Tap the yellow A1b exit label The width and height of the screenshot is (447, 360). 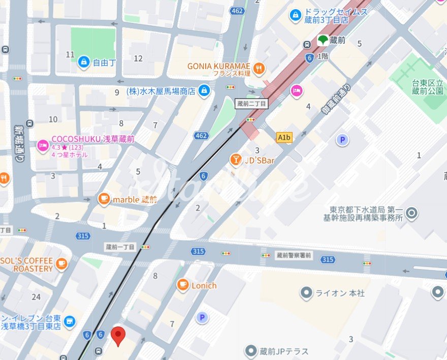click(x=284, y=137)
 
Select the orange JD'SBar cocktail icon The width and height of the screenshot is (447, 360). click(x=236, y=160)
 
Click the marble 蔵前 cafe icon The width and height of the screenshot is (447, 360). click(x=104, y=199)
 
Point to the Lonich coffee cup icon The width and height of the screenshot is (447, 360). click(x=183, y=285)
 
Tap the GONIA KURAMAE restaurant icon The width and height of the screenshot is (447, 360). click(x=259, y=67)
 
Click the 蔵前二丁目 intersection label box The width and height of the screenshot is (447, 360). click(x=252, y=104)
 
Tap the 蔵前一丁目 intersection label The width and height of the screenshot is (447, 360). click(x=120, y=247)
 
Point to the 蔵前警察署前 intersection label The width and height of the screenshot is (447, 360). click(x=294, y=255)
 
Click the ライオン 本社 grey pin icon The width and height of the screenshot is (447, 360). click(x=306, y=293)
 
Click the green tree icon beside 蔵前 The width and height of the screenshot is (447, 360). click(x=323, y=40)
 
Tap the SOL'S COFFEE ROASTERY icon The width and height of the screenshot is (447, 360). click(x=61, y=263)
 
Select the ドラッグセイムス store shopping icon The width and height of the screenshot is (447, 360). click(x=295, y=16)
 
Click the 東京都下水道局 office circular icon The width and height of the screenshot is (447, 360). click(x=412, y=213)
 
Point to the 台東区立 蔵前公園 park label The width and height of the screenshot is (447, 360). click(x=428, y=87)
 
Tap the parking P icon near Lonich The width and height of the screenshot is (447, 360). click(x=202, y=318)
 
